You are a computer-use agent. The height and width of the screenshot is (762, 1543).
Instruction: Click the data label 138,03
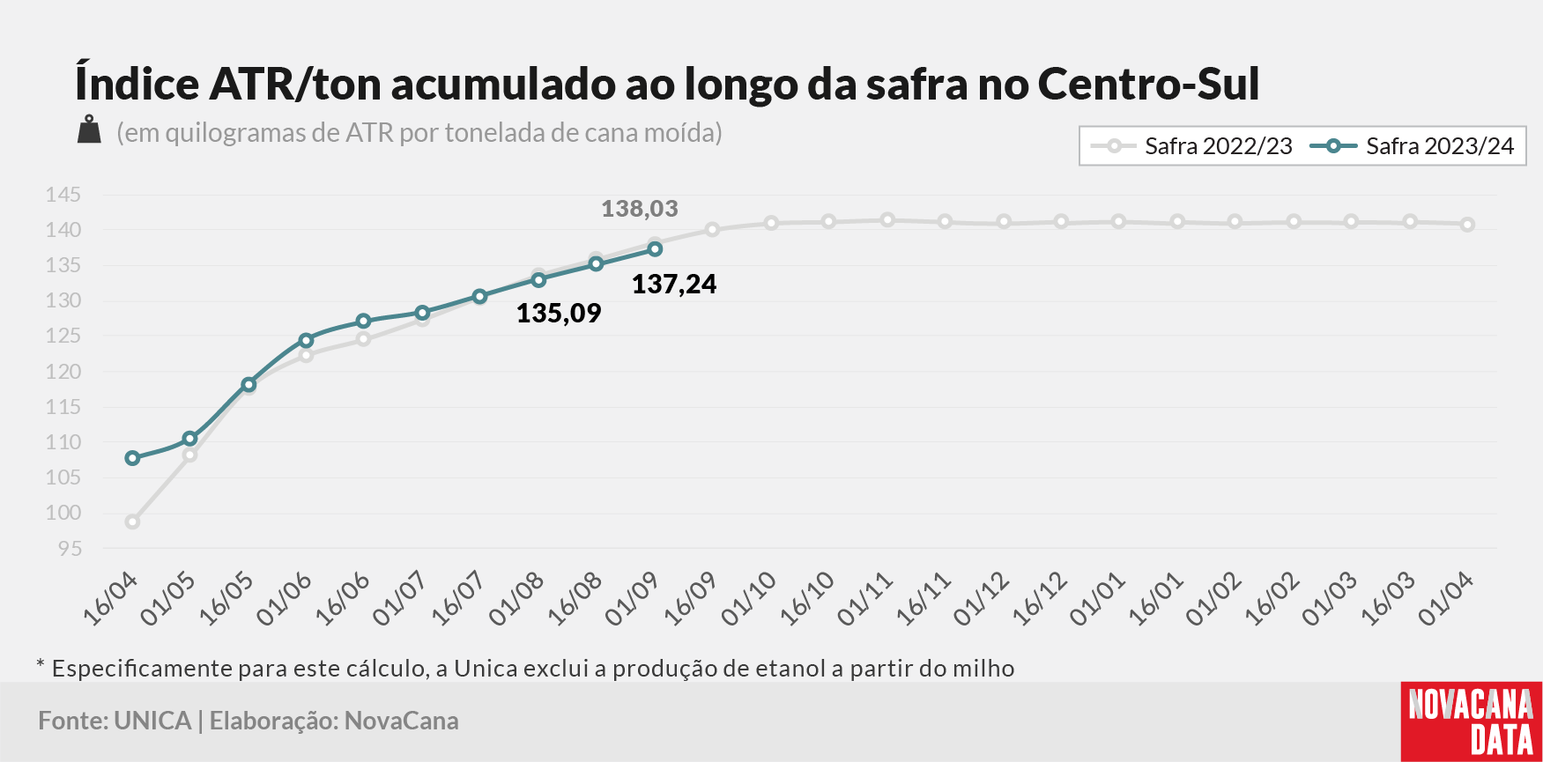[x=640, y=209]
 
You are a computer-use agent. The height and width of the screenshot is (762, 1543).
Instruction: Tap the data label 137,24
[x=674, y=284]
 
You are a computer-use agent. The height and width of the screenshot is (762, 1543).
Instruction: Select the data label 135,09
[x=559, y=313]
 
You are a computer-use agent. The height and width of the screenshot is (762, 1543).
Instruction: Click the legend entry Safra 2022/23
[x=1191, y=146]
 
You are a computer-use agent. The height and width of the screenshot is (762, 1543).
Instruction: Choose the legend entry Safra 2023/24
[x=1412, y=146]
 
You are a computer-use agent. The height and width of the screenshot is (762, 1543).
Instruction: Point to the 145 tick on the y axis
[x=63, y=195]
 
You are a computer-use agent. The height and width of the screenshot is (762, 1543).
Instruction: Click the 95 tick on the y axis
[x=70, y=549]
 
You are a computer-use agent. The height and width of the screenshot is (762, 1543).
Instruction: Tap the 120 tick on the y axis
[x=63, y=372]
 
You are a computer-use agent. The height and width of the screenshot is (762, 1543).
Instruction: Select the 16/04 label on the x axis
[x=111, y=599]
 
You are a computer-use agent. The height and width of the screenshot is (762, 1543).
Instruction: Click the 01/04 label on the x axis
[x=1446, y=599]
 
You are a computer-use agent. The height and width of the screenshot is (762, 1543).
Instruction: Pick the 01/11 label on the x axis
[x=866, y=599]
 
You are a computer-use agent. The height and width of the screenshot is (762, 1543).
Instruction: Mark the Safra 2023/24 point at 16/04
[x=132, y=458]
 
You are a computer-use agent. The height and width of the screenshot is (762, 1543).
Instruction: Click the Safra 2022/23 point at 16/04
[x=132, y=522]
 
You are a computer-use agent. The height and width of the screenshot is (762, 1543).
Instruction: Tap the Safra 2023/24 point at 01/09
[x=655, y=249]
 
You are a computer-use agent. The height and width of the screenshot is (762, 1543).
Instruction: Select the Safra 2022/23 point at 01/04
[x=1467, y=225]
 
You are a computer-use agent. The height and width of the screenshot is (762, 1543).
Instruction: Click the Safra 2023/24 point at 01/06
[x=306, y=340]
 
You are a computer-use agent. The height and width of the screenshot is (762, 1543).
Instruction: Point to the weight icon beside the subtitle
[x=89, y=129]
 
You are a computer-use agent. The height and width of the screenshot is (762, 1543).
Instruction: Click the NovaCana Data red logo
[x=1471, y=721]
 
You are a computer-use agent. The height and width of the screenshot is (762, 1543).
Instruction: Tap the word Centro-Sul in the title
[x=1149, y=85]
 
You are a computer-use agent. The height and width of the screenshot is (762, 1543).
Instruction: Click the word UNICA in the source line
[x=152, y=721]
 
